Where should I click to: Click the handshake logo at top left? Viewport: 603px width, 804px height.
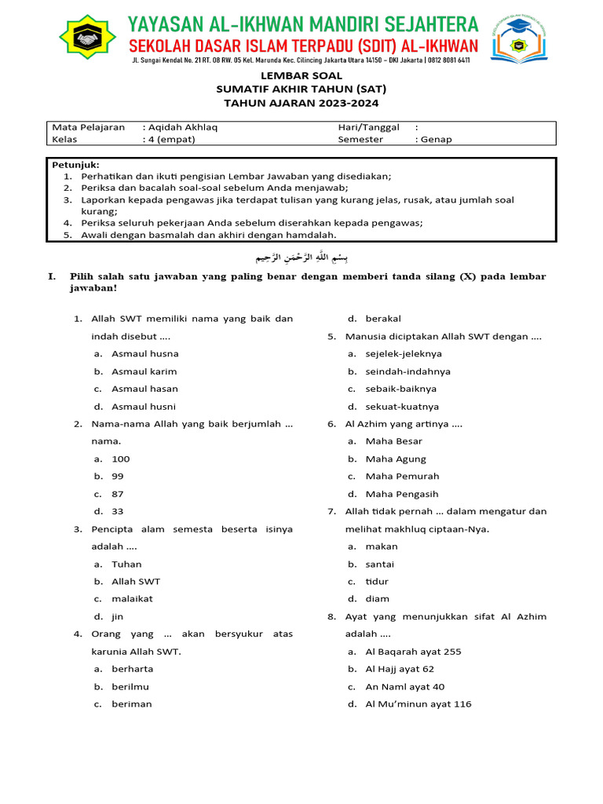tap(88, 37)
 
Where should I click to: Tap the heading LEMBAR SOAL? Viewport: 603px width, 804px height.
tap(301, 76)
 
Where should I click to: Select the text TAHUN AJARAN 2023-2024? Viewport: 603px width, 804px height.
tap(301, 103)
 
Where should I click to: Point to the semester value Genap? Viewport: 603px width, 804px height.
tap(437, 140)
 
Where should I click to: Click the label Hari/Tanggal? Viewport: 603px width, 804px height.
tap(368, 127)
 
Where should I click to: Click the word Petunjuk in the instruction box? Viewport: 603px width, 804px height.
tap(75, 165)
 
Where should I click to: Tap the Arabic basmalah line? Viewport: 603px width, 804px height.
tap(301, 258)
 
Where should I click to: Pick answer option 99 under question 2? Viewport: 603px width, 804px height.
tap(118, 477)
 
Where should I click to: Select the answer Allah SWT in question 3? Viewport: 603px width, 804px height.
tap(135, 582)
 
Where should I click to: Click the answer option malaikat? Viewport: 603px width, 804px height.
tap(132, 599)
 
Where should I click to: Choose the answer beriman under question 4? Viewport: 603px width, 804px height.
tap(131, 704)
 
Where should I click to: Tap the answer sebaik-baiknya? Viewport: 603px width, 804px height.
tap(400, 389)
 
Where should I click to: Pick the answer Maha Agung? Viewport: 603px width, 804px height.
tap(396, 459)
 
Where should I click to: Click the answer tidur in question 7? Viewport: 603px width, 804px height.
tap(377, 582)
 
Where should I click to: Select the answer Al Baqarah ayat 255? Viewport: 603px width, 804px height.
tap(413, 652)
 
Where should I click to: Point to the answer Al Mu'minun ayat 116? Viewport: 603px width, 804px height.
tap(418, 704)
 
